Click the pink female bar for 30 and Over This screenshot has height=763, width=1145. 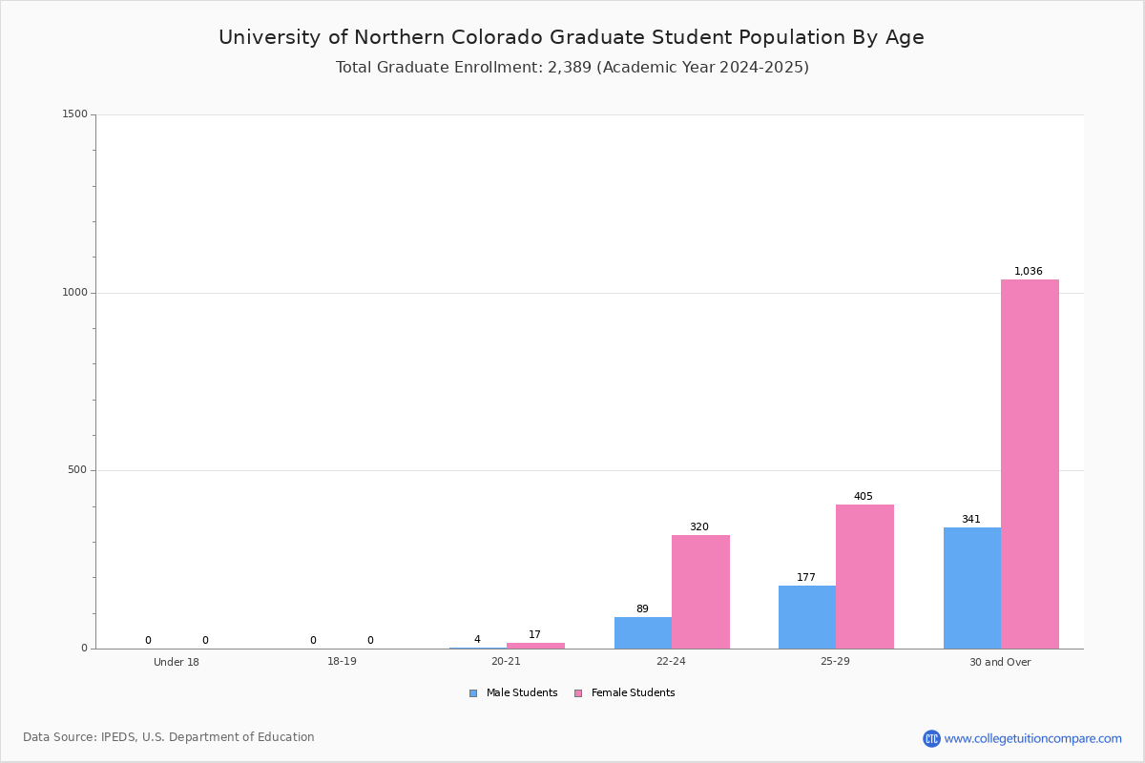[1030, 464]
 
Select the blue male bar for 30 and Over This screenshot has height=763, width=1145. [972, 588]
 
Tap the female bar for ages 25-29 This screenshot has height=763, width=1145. [864, 576]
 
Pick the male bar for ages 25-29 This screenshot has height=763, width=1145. [807, 617]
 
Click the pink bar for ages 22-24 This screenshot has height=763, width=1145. [700, 591]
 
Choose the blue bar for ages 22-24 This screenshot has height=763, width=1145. [643, 633]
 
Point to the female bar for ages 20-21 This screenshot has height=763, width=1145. [535, 646]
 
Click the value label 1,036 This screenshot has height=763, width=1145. [1028, 271]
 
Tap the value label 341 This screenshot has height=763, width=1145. [971, 519]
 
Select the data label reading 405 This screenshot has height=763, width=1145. [864, 496]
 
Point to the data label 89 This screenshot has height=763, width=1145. [642, 608]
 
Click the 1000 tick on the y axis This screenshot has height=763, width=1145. [75, 292]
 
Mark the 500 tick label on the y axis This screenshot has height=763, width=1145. [77, 469]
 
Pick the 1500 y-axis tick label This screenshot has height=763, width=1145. [75, 113]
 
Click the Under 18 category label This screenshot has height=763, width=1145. [177, 662]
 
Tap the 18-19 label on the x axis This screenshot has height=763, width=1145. [342, 661]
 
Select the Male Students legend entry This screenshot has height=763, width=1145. [513, 693]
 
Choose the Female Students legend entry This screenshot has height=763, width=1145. [625, 693]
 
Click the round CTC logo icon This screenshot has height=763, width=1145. [931, 738]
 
